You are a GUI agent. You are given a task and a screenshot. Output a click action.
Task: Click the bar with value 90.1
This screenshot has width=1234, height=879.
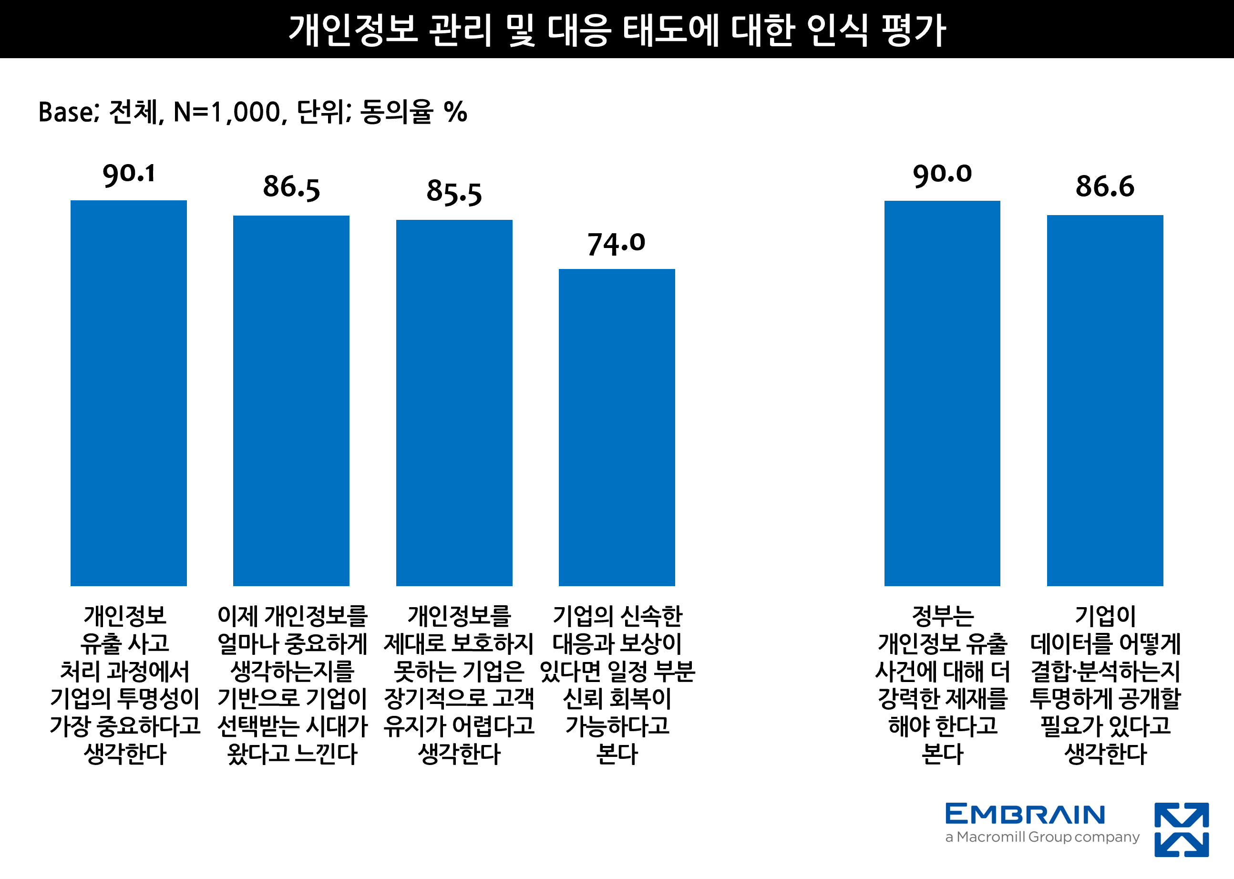click(129, 393)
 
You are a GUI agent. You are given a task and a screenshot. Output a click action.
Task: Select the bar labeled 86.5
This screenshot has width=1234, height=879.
click(291, 401)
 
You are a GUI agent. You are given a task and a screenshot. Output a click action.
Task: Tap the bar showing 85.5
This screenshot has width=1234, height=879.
click(454, 403)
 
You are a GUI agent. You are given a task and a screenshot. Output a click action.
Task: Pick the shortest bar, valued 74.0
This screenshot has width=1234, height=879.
click(617, 428)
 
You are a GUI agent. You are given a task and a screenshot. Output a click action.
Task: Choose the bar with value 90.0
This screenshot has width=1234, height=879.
click(942, 393)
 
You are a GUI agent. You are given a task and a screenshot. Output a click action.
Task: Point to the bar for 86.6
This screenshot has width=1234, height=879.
click(1105, 401)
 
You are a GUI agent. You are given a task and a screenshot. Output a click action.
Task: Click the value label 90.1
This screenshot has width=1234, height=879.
click(129, 174)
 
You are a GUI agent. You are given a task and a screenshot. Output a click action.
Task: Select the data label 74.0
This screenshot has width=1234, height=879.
click(616, 243)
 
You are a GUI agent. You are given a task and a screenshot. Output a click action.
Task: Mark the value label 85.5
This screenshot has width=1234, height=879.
click(454, 192)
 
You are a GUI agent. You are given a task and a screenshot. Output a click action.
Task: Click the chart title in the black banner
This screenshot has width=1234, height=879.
click(617, 29)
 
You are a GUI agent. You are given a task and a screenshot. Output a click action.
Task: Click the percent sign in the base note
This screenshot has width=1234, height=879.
click(455, 112)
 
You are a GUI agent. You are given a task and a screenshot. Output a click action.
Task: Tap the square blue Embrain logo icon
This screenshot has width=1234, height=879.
click(1182, 830)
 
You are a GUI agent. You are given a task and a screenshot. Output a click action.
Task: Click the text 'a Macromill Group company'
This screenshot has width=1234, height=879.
click(1042, 838)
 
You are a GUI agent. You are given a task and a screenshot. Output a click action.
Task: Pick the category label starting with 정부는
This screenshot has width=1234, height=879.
click(942, 685)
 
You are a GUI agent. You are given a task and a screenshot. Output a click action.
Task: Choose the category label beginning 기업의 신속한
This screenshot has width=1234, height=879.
click(617, 685)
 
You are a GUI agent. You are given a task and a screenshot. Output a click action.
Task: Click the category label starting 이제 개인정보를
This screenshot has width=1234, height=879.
click(292, 685)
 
